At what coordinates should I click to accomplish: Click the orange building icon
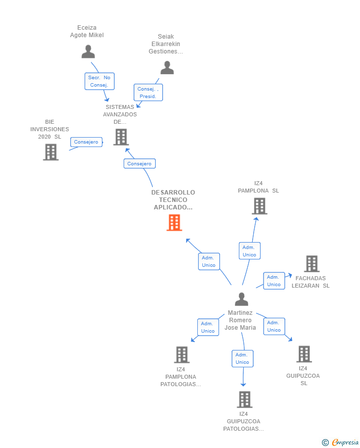point(174,223)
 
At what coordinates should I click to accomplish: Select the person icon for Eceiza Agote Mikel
point(88,51)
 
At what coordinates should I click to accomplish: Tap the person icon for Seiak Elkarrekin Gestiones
point(167,68)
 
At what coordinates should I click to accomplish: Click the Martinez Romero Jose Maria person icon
point(241,299)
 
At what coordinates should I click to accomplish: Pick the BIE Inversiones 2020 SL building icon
point(50,152)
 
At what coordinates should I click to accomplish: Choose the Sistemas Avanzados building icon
point(121,137)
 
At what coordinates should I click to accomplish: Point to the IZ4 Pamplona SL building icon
point(259,206)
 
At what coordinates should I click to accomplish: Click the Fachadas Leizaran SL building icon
point(312,264)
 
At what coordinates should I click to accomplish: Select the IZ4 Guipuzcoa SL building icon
point(304,354)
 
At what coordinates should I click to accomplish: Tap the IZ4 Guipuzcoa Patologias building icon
point(244,399)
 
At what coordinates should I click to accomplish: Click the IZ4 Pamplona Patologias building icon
point(182,354)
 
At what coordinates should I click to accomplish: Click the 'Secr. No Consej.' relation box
point(99,81)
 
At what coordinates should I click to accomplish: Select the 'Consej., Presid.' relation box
point(148,93)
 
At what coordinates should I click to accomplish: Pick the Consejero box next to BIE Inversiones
point(86,142)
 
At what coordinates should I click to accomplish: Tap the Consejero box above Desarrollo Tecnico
point(139,163)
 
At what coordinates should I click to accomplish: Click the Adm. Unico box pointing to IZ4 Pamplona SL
point(249,251)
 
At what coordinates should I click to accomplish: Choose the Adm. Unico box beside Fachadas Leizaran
point(274,281)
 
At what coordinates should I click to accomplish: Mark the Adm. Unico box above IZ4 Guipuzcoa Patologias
point(242,358)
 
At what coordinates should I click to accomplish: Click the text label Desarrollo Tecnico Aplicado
point(173,199)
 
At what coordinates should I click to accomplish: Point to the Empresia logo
point(341,442)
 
